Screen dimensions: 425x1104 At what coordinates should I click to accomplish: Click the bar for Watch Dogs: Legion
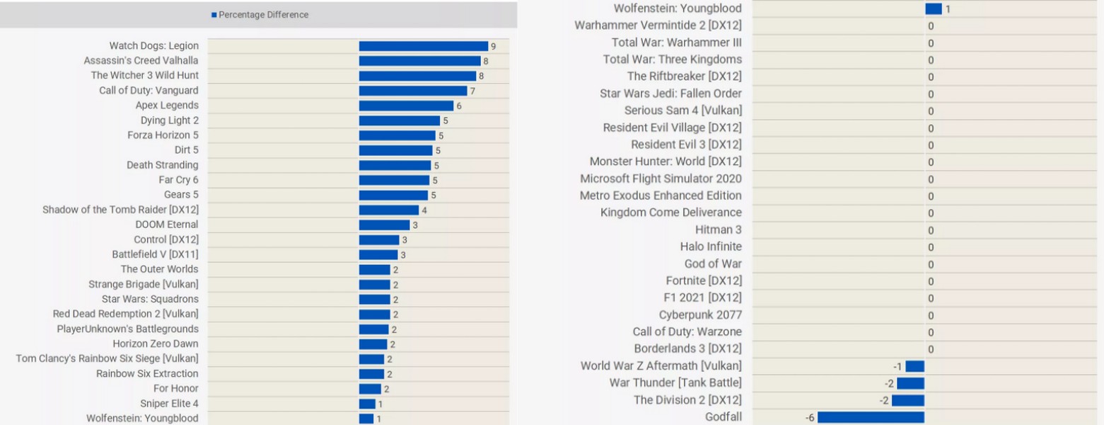pyautogui.click(x=423, y=46)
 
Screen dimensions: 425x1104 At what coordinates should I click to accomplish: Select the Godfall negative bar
pyautogui.click(x=871, y=417)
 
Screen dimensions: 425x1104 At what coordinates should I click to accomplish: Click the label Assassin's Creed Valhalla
pyautogui.click(x=141, y=61)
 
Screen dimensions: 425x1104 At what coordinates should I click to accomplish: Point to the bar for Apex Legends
pyautogui.click(x=406, y=106)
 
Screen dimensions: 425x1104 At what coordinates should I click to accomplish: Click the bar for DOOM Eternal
pyautogui.click(x=384, y=225)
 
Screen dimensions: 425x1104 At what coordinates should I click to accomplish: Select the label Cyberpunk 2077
pyautogui.click(x=700, y=315)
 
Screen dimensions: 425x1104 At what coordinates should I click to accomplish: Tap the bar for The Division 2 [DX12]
pyautogui.click(x=907, y=400)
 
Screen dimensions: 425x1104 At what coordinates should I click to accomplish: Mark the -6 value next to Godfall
pyautogui.click(x=810, y=418)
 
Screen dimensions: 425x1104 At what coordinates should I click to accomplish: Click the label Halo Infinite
pyautogui.click(x=711, y=246)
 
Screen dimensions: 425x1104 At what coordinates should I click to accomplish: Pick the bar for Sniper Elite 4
pyautogui.click(x=367, y=404)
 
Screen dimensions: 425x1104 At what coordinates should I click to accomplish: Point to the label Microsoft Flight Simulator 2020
pyautogui.click(x=661, y=178)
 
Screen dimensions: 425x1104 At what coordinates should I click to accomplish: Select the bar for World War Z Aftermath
pyautogui.click(x=914, y=366)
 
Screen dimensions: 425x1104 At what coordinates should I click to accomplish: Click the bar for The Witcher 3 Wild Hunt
pyautogui.click(x=417, y=76)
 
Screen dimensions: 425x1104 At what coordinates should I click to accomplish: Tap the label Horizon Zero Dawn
pyautogui.click(x=156, y=344)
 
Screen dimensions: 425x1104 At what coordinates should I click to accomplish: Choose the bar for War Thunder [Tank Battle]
pyautogui.click(x=910, y=383)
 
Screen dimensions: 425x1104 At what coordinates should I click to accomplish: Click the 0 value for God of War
pyautogui.click(x=931, y=264)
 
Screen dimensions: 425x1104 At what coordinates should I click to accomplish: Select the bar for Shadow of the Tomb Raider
pyautogui.click(x=388, y=210)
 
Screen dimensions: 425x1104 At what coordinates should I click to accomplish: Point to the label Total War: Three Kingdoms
pyautogui.click(x=672, y=59)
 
